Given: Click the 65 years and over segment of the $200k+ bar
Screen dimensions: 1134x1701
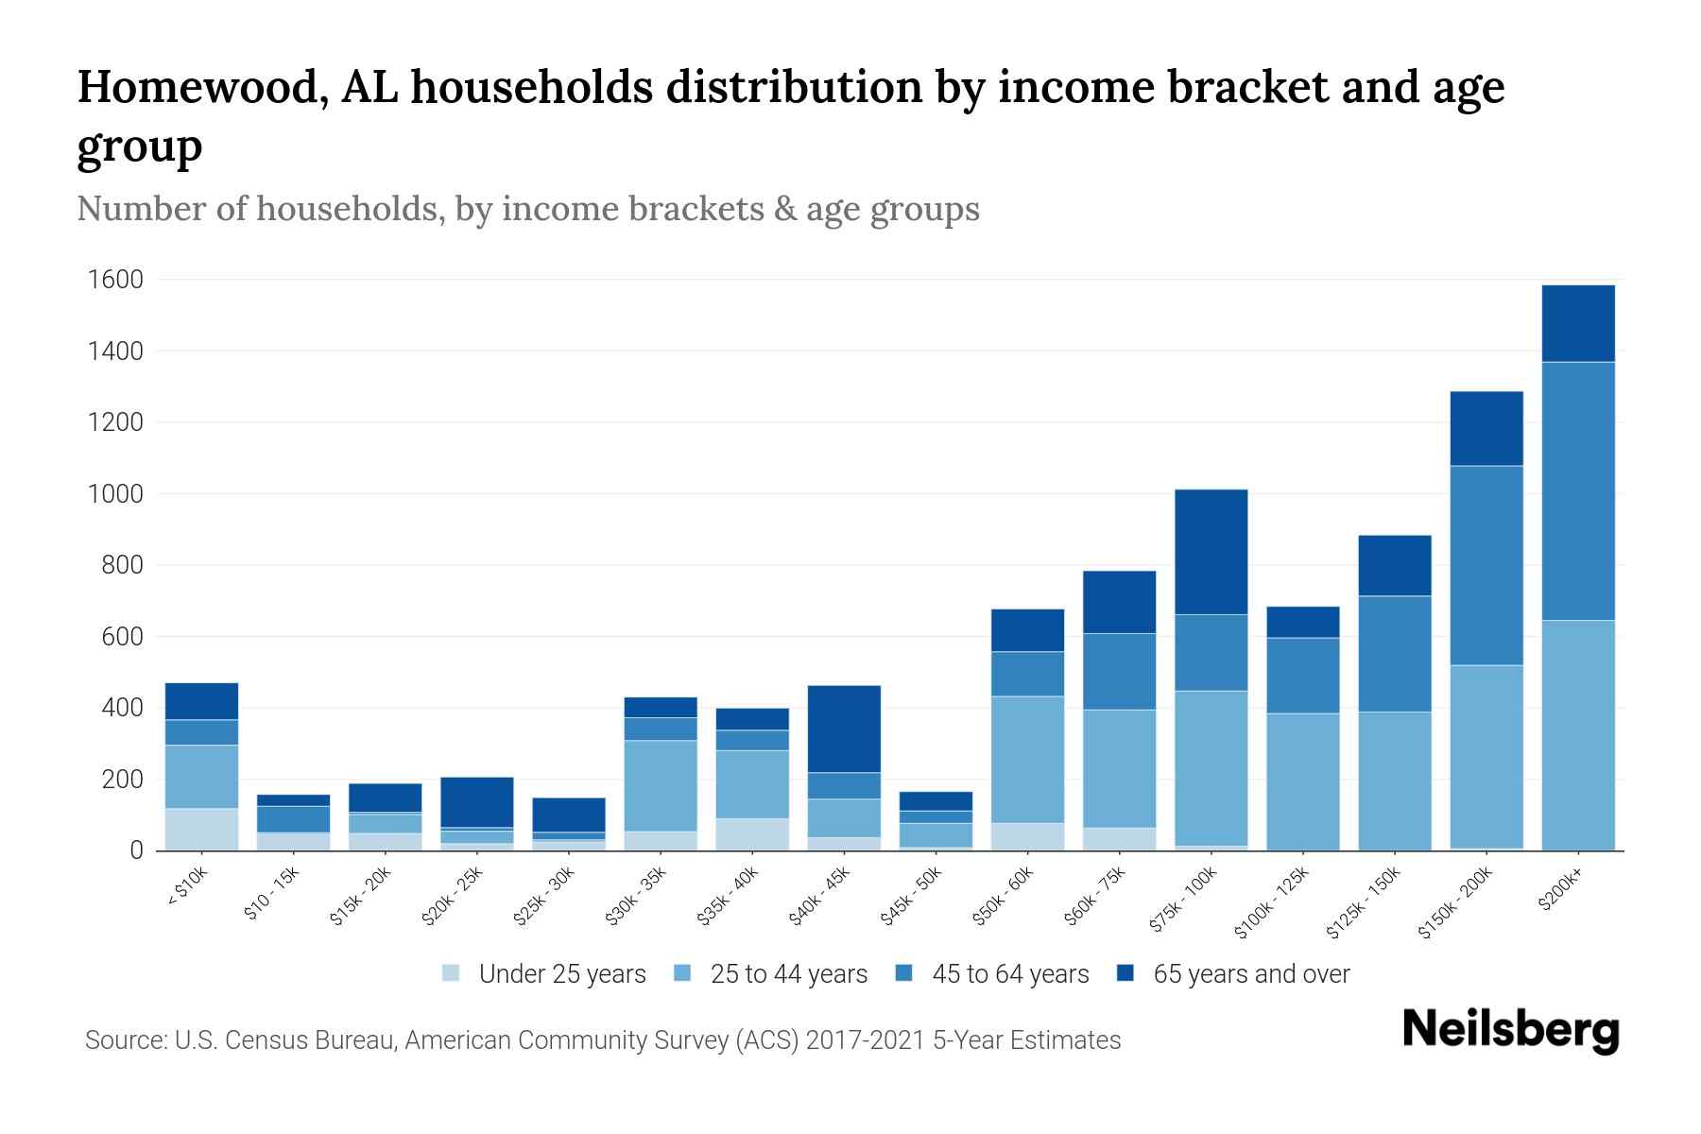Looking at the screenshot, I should pyautogui.click(x=1578, y=323).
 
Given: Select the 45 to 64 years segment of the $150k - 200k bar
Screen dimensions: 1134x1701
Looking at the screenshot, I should pyautogui.click(x=1486, y=565).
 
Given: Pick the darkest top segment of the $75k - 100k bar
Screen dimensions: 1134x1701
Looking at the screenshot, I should pyautogui.click(x=1211, y=552).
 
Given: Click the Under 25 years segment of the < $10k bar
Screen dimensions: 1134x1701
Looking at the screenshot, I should pyautogui.click(x=201, y=829).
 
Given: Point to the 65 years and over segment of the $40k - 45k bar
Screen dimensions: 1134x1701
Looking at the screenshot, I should pyautogui.click(x=844, y=729).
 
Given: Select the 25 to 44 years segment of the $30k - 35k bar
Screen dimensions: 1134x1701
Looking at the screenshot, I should pyautogui.click(x=661, y=785).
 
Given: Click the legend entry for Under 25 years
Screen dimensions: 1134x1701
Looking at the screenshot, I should pyautogui.click(x=561, y=974).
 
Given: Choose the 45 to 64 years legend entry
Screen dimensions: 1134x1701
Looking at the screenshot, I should pyautogui.click(x=1009, y=974).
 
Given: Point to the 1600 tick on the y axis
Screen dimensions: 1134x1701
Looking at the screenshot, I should pyautogui.click(x=115, y=280).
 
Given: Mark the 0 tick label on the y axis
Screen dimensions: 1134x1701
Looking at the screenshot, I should pyautogui.click(x=136, y=850).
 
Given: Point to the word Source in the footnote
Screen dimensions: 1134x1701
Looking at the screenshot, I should pyautogui.click(x=123, y=1040).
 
